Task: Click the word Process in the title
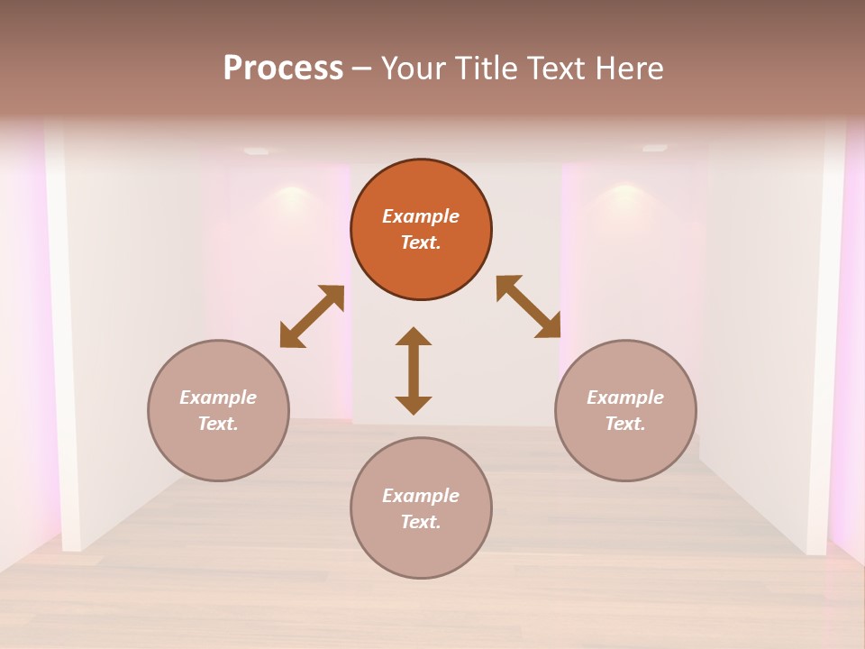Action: tap(283, 69)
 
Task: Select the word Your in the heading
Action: tap(413, 69)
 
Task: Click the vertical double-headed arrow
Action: tap(414, 370)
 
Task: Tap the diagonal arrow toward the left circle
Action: tap(312, 316)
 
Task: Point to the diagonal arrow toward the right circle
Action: tap(528, 306)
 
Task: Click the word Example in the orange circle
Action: tap(421, 216)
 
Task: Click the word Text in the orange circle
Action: tap(421, 242)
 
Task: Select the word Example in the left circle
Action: tap(218, 398)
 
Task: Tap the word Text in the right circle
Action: tap(625, 424)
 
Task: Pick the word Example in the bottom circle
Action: tap(421, 496)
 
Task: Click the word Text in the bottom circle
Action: tap(421, 522)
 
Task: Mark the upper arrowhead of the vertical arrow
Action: tap(414, 336)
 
